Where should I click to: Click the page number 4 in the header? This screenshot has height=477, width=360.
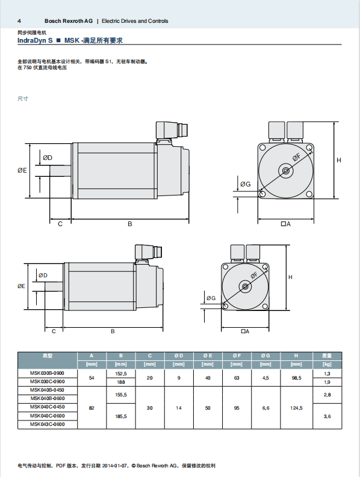pos(19,21)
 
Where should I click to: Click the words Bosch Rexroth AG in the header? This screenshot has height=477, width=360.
pos(69,21)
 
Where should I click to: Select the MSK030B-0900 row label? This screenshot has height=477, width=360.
pos(47,374)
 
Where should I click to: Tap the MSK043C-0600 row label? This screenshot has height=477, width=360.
pos(47,424)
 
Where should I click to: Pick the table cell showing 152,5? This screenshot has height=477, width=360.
pos(121,374)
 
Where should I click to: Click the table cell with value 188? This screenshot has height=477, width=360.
pos(121,382)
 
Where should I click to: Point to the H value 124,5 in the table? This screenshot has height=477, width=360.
pos(296,408)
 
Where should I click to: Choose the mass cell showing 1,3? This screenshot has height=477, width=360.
pos(327,374)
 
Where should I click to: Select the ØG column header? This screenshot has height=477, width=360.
pos(265,355)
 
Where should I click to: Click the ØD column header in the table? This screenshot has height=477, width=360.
pos(179,355)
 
